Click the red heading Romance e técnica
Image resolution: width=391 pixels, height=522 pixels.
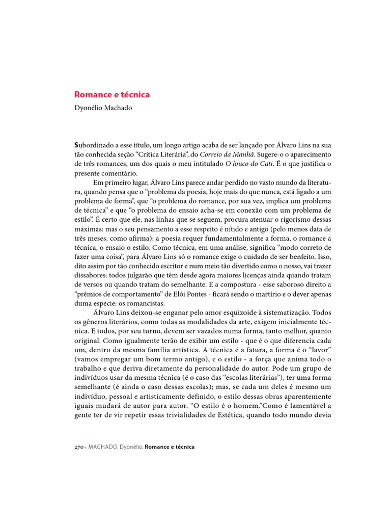click(112, 95)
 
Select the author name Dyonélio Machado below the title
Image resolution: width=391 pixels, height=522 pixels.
click(103, 108)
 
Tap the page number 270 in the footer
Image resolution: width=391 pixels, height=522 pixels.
click(80, 447)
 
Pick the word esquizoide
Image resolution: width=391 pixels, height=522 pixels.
click(229, 311)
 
